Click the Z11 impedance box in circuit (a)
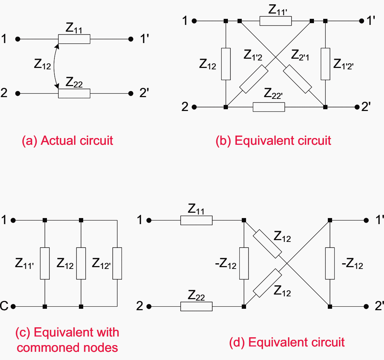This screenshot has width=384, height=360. pos(74,39)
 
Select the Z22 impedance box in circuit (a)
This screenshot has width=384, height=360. pos(74,94)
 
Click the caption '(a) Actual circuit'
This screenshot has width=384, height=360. pos(68,141)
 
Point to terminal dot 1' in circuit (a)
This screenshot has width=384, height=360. pos(131,39)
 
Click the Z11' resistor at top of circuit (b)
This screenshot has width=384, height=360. pos(276,21)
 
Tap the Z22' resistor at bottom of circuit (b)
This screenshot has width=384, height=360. pos(269,107)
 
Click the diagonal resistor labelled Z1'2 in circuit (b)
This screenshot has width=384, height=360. pos(254,79)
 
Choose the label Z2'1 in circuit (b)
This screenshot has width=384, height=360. pos(300,55)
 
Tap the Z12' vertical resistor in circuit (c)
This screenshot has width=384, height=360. pos(117,263)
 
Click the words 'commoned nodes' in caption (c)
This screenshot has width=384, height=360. pos(68,347)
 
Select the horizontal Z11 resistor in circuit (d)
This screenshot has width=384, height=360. pos(196,221)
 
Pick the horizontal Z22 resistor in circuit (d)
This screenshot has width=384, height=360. pos(196,306)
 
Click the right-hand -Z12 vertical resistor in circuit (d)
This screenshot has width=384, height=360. pos(330,263)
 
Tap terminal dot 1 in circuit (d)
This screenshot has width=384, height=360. pos(149,221)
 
